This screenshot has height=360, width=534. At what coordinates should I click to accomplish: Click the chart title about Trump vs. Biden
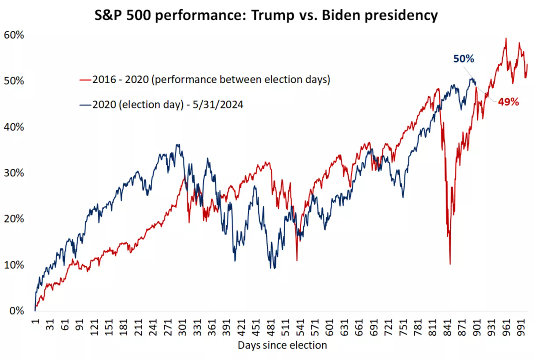[267, 15]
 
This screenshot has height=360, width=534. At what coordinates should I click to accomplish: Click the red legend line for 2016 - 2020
[85, 80]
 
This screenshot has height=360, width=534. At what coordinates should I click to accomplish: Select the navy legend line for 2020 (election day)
[85, 104]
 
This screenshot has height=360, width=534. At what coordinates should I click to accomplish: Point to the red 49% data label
[509, 102]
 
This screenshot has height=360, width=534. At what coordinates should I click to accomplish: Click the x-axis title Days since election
[282, 345]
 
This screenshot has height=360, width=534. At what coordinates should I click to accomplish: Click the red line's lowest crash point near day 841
[450, 264]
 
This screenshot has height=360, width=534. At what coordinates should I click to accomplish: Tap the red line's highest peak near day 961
[506, 38]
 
